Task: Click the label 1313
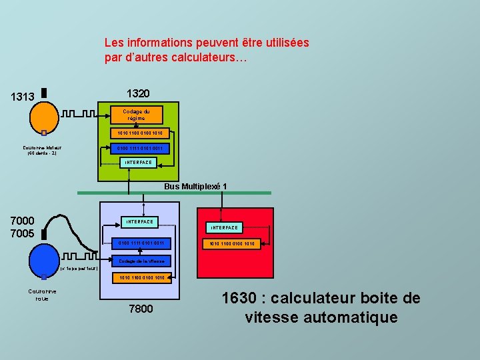[x=23, y=97]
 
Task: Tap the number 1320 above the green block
[x=138, y=93]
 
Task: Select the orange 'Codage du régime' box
[x=136, y=115]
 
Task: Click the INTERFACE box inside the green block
[x=139, y=163]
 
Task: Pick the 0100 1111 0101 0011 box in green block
[x=139, y=148]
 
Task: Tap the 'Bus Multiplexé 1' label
[x=195, y=186]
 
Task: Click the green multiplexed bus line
[x=173, y=193]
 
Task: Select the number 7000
[x=23, y=220]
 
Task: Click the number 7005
[x=23, y=233]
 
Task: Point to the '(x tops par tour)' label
[x=79, y=269]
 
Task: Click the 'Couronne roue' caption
[x=43, y=295]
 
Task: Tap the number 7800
[x=140, y=309]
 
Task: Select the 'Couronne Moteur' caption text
[x=42, y=151]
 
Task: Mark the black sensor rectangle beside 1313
[x=43, y=93]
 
